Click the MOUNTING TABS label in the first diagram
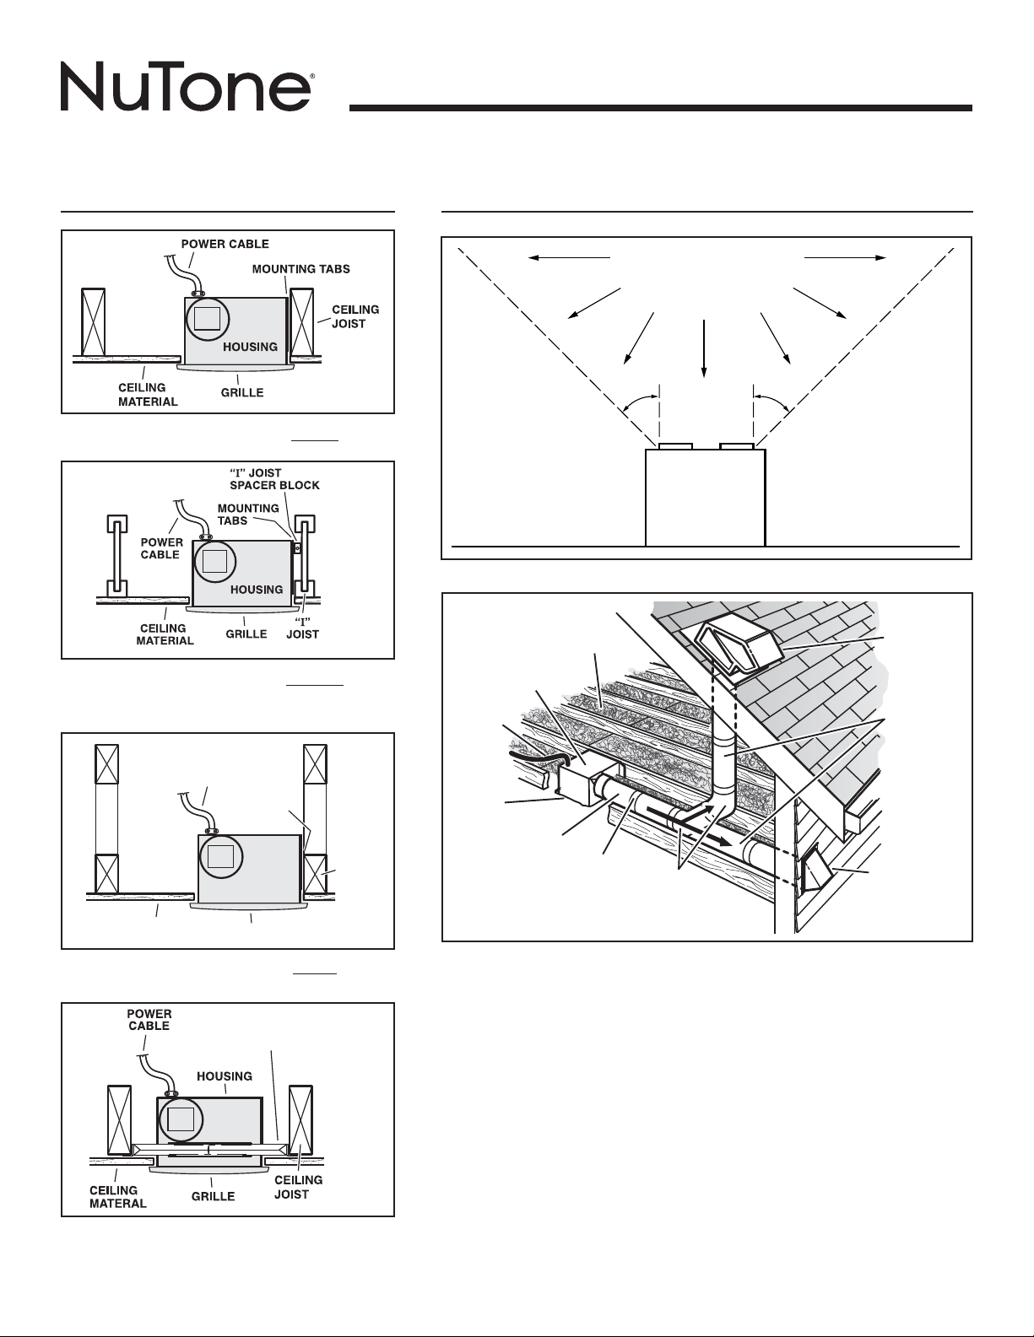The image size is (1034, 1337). click(301, 269)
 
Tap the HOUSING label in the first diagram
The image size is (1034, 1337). click(250, 347)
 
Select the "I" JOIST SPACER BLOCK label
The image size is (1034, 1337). click(274, 479)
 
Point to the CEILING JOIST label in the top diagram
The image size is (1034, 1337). click(355, 316)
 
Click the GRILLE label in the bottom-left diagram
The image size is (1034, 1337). click(213, 1196)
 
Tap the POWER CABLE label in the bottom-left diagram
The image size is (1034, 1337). click(149, 1020)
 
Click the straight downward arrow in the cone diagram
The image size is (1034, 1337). click(704, 348)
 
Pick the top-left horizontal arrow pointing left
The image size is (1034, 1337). click(569, 258)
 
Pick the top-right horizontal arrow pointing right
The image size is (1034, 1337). click(845, 258)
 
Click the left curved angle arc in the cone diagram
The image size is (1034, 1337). click(639, 399)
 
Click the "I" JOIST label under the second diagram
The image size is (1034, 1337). click(302, 628)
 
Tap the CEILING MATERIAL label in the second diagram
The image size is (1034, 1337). click(165, 634)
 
